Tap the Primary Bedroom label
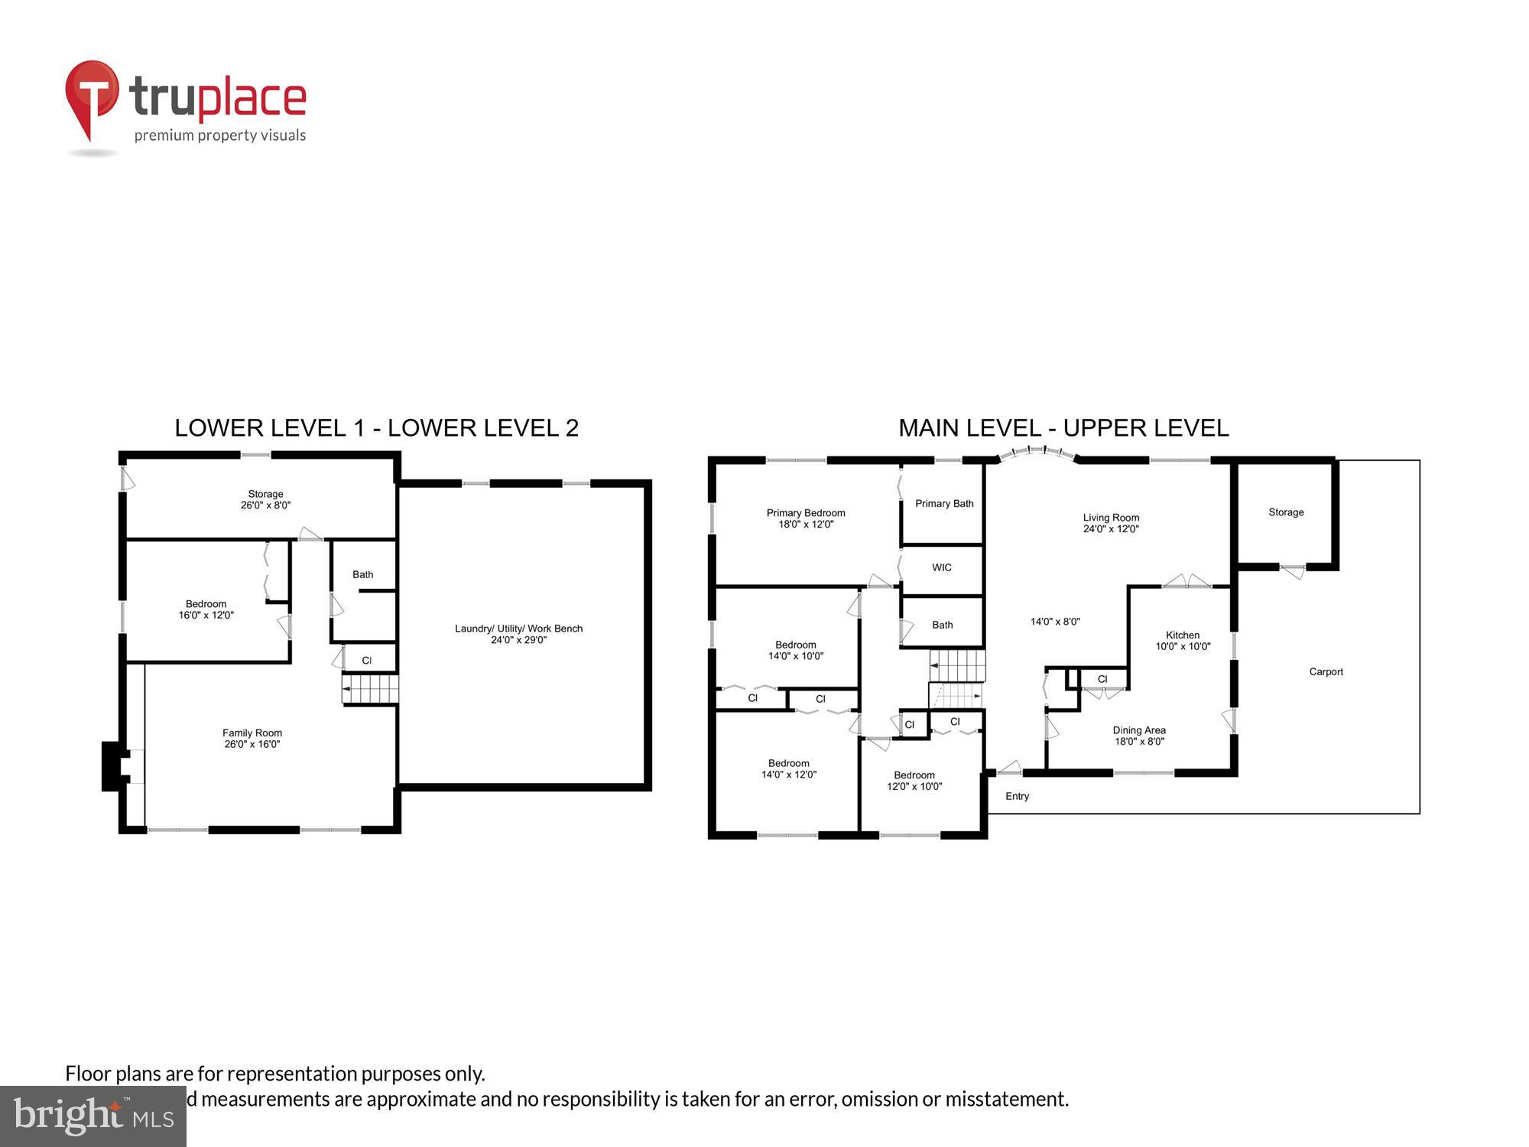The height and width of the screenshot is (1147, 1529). (806, 513)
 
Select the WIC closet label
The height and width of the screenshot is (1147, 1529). (941, 567)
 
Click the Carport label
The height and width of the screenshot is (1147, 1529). (1326, 671)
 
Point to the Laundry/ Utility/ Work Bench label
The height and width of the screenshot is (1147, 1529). (518, 629)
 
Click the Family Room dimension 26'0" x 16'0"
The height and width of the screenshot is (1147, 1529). (252, 744)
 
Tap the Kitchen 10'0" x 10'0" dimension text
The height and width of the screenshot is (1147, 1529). (1183, 646)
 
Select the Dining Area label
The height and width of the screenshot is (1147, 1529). (1139, 730)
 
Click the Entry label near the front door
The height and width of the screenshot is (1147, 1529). (1017, 796)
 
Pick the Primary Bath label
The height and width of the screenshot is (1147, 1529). (944, 503)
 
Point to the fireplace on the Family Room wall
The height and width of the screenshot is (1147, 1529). (113, 765)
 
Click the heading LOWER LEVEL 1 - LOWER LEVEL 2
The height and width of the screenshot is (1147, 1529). (376, 428)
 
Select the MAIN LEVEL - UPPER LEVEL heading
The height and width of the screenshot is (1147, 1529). (1063, 428)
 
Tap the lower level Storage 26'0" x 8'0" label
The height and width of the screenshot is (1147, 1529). (265, 499)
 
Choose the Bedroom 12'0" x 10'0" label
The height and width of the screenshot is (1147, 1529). (914, 781)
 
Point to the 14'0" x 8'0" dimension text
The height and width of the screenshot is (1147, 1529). (1055, 622)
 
